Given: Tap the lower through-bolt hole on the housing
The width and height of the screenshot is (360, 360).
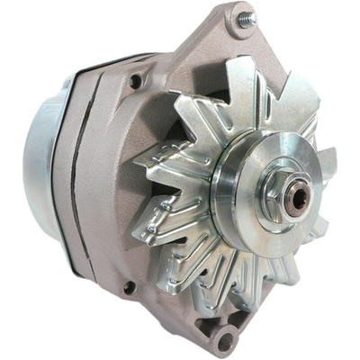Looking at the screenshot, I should point(129,287).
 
